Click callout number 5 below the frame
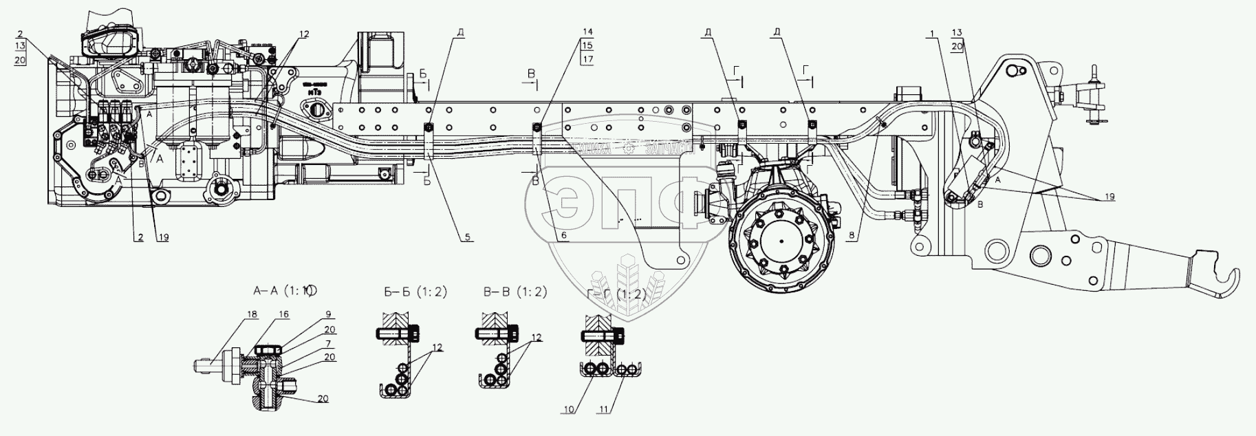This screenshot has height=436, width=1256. (468, 238)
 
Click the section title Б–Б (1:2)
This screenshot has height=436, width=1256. (415, 292)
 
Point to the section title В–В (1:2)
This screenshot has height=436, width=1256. (515, 292)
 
